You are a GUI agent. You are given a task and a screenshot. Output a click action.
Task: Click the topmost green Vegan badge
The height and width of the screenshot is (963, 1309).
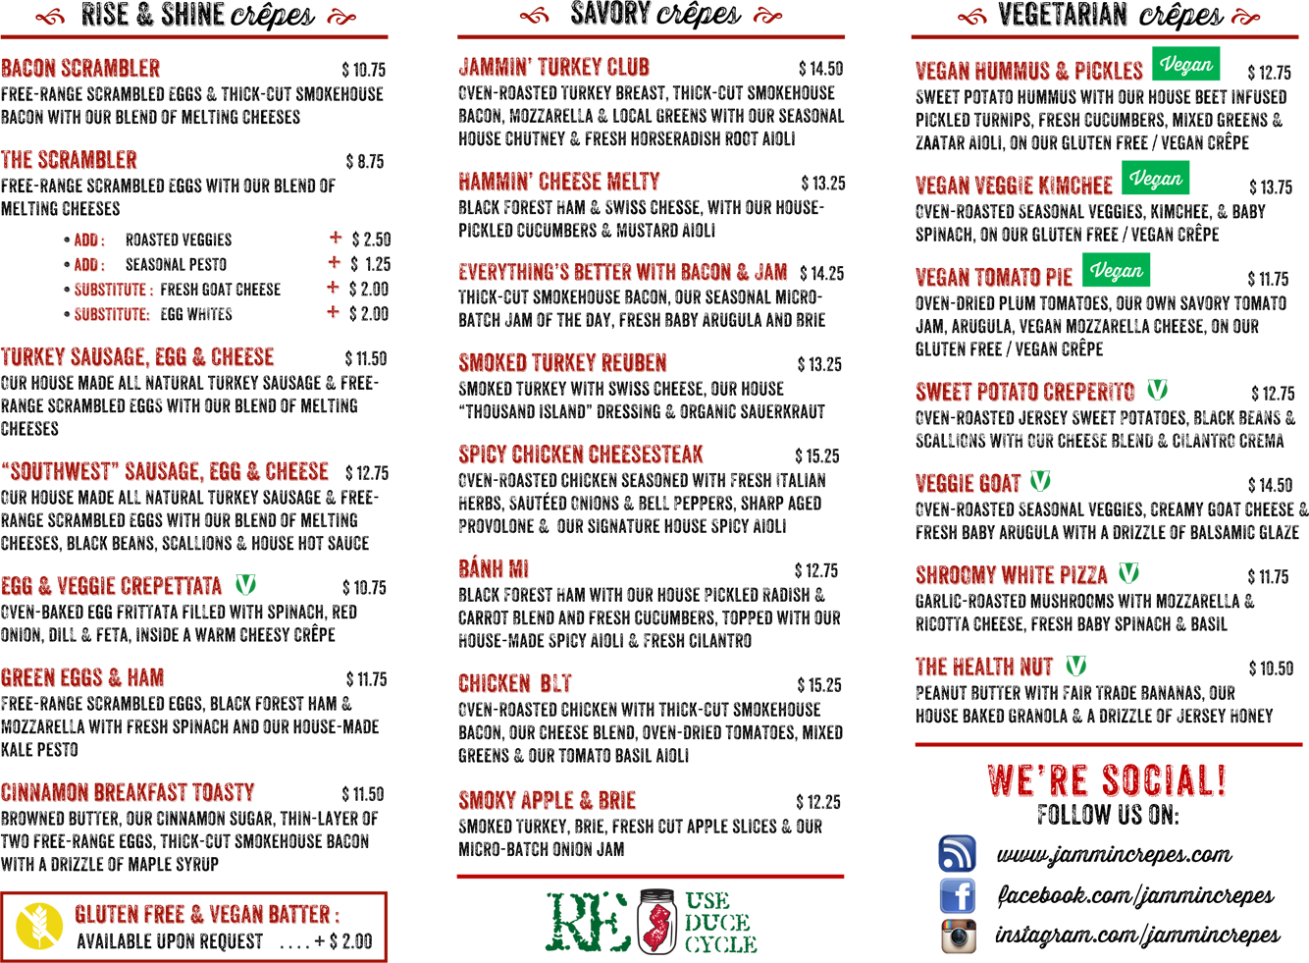click(1187, 65)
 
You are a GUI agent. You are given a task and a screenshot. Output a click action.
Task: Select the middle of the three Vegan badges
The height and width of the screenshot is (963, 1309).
click(1158, 179)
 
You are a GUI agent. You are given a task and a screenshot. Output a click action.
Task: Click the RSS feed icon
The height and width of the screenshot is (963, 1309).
click(956, 855)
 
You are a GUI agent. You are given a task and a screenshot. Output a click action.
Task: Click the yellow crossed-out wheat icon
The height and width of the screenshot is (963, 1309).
click(39, 925)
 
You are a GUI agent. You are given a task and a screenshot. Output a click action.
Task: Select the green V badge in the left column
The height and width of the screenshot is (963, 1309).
click(247, 583)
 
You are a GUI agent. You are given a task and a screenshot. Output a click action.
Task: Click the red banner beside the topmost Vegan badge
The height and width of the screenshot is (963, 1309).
click(1011, 67)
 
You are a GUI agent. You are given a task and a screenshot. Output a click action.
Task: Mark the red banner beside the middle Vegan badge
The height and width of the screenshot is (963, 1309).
click(996, 181)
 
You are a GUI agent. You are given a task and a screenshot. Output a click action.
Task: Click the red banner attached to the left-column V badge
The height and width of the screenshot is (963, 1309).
click(114, 582)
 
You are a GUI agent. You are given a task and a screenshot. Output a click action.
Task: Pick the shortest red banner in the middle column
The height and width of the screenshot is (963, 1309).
click(481, 564)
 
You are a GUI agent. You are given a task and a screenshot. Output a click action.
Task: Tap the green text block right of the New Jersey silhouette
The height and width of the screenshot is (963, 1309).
click(716, 919)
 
